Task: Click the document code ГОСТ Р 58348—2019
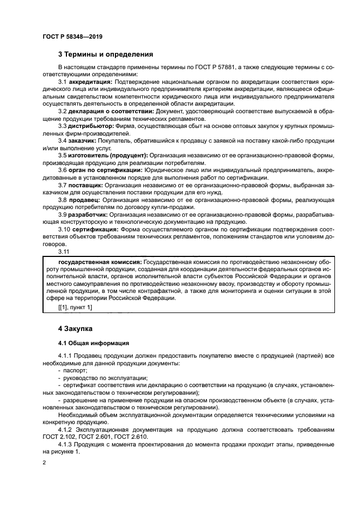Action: point(72,36)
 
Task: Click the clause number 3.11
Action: point(63,252)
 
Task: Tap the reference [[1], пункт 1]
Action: point(75,308)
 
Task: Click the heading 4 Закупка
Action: point(76,329)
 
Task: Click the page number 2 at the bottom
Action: point(44,462)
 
